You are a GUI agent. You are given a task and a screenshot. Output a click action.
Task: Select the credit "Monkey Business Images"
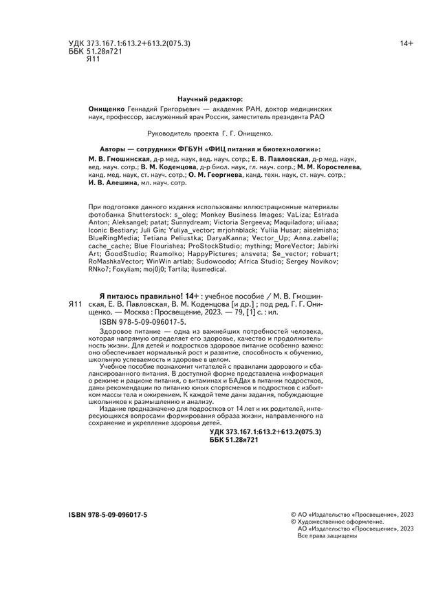(x=233, y=215)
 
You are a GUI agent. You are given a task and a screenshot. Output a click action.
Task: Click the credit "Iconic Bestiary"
(x=115, y=231)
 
